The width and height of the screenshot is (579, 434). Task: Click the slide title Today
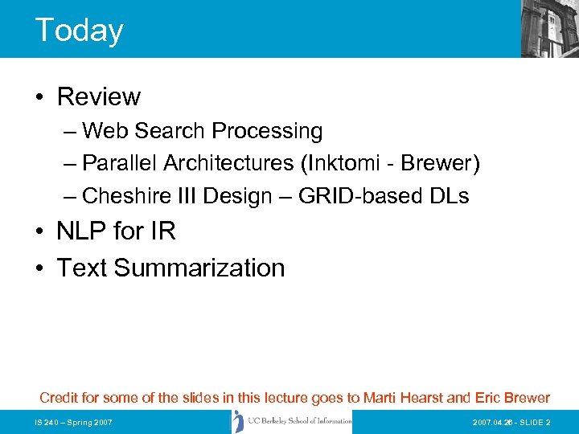79,30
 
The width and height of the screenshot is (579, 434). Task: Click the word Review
99,97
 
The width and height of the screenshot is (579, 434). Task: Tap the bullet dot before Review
40,98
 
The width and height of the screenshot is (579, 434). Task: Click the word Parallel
120,163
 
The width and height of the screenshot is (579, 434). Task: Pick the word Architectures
228,163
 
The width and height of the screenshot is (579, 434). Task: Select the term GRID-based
358,195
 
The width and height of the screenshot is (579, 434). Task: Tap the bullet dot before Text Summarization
40,268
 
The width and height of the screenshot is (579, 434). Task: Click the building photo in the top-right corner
549,28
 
